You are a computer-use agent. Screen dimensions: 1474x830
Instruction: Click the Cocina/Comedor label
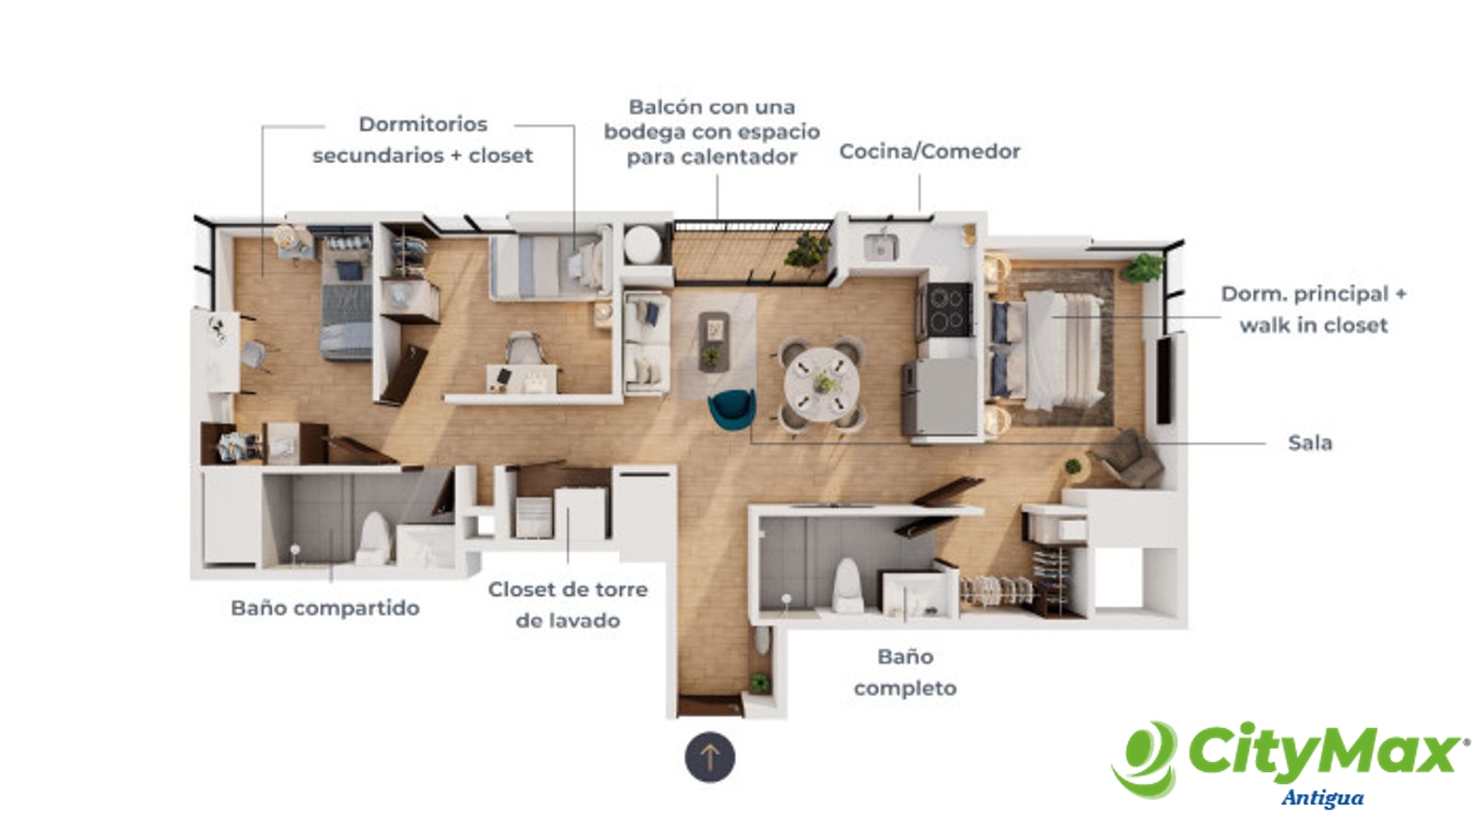(x=930, y=151)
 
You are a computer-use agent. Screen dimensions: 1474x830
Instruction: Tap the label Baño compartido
(x=325, y=608)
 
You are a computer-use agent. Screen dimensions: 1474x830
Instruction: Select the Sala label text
(x=1309, y=443)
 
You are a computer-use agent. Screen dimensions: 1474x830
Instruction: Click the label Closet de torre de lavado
(x=567, y=605)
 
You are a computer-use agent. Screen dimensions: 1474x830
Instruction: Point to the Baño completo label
(x=906, y=672)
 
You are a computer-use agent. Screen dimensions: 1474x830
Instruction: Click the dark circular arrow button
(x=710, y=757)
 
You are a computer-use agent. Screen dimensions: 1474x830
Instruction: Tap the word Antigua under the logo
(x=1322, y=799)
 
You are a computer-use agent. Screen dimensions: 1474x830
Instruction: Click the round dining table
(x=821, y=384)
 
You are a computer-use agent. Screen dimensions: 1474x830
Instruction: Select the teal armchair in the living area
(x=731, y=409)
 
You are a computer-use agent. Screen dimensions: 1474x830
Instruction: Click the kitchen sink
(x=881, y=247)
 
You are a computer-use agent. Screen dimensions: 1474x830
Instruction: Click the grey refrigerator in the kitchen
(x=939, y=397)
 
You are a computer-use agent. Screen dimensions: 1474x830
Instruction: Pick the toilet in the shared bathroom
(x=374, y=538)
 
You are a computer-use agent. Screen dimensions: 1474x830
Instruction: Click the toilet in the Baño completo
(x=847, y=585)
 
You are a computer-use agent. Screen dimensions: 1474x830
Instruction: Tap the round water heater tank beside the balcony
(x=642, y=245)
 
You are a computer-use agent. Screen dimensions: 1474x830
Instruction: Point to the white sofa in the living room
(x=646, y=344)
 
